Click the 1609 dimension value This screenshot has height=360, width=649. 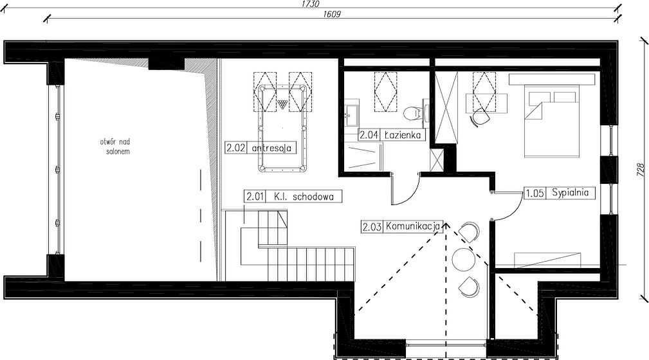pyautogui.click(x=331, y=15)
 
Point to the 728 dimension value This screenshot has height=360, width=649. pyautogui.click(x=641, y=170)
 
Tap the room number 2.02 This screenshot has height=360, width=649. pyautogui.click(x=236, y=148)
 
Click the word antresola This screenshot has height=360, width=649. pyautogui.click(x=271, y=148)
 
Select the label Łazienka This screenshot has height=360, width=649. pyautogui.click(x=402, y=135)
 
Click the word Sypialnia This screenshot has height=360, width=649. pyautogui.click(x=570, y=193)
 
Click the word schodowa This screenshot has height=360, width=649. pyautogui.click(x=313, y=197)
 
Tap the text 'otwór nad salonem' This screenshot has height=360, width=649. pyautogui.click(x=115, y=147)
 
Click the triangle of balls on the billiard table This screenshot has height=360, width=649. pyautogui.click(x=282, y=104)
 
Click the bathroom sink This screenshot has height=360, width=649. pyautogui.click(x=352, y=114)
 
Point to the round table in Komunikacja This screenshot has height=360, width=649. pyautogui.click(x=464, y=259)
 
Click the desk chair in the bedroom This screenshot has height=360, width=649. pyautogui.click(x=480, y=116)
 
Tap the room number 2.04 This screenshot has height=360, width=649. pyautogui.click(x=369, y=135)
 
